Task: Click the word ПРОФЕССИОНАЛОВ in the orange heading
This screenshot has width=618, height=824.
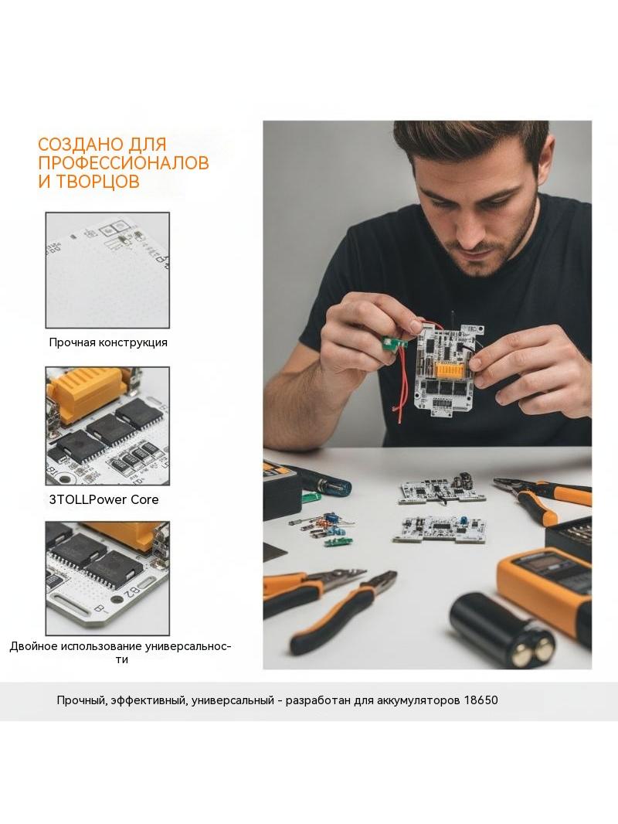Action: pyautogui.click(x=124, y=162)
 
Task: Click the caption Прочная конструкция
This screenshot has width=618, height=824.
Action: pyautogui.click(x=108, y=342)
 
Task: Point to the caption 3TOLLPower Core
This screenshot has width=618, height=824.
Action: pyautogui.click(x=104, y=499)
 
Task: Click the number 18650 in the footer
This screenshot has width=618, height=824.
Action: pyautogui.click(x=480, y=700)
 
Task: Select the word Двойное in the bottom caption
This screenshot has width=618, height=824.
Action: pyautogui.click(x=33, y=646)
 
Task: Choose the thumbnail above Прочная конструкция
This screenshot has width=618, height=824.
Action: pyautogui.click(x=107, y=270)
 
